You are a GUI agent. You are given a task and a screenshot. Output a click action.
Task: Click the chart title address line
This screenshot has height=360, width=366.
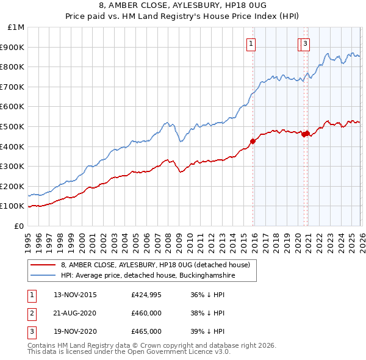pos(183,5)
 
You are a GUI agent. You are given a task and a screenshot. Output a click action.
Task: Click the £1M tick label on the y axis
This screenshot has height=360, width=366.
pos(16,27)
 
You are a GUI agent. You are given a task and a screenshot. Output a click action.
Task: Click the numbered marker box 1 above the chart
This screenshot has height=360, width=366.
pos(251,43)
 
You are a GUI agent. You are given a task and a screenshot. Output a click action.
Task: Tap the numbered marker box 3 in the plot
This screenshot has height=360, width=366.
pos(305,43)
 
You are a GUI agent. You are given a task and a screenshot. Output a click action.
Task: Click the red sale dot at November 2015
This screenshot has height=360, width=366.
pos(253,141)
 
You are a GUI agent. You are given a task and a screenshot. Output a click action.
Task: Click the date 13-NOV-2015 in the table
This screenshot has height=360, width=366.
pos(75,295)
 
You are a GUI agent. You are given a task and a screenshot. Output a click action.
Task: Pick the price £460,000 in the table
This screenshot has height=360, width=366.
pos(146,313)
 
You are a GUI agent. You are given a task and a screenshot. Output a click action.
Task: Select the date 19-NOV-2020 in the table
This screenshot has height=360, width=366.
pos(75,331)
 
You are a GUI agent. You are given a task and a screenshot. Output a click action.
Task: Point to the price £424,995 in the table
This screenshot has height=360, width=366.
pos(146,295)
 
